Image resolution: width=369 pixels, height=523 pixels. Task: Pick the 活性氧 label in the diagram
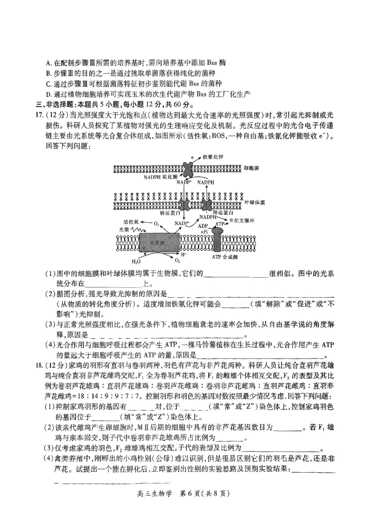coord(131,221)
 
